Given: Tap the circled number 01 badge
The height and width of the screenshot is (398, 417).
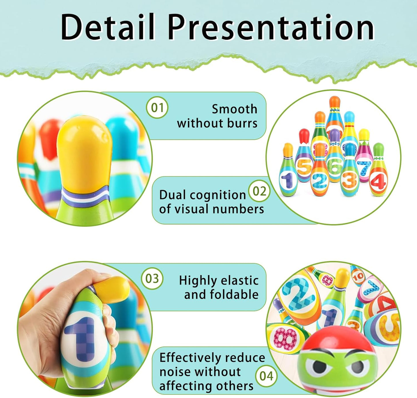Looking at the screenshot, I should point(157,108).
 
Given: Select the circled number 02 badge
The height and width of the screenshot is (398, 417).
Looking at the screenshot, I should point(259,191).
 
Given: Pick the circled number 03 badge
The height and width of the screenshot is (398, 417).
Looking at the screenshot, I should point(152,279).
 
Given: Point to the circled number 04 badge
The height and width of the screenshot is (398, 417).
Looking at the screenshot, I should point(266,376).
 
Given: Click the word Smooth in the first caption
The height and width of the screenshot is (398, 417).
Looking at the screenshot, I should point(234,109).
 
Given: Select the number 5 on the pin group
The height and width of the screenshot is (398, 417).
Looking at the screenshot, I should point(304,167).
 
